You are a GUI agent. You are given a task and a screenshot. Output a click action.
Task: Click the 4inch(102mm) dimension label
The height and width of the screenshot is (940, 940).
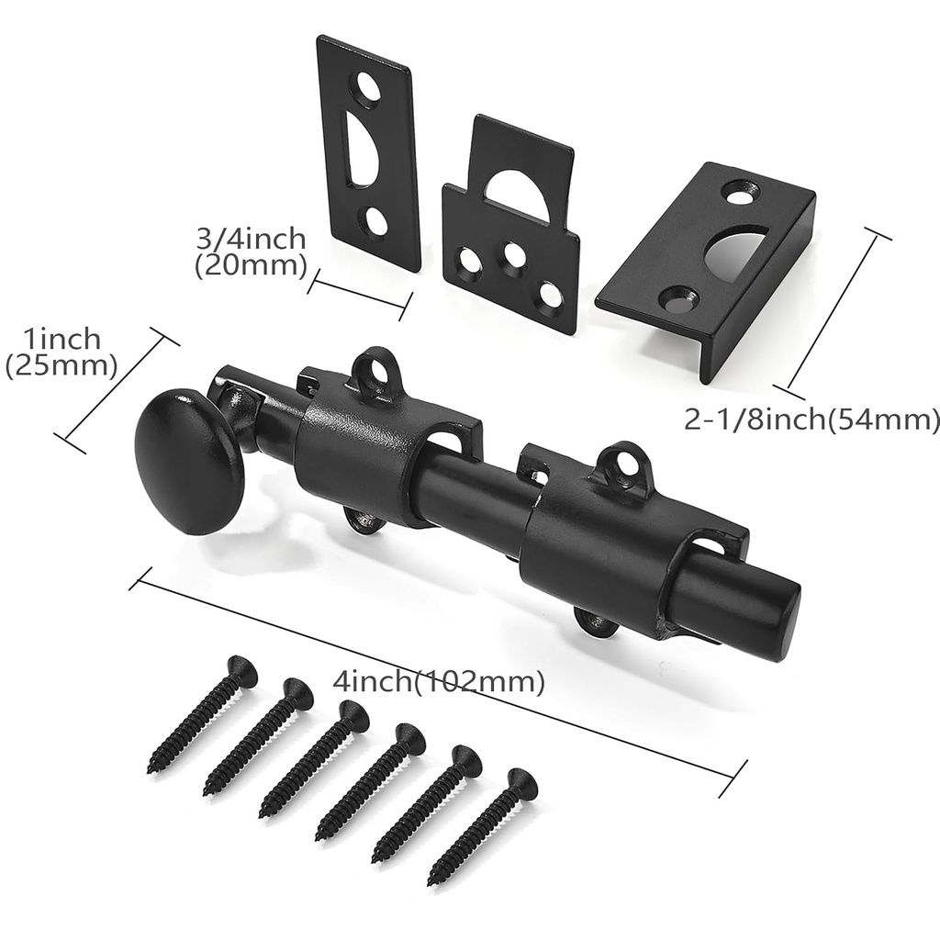coord(439,682)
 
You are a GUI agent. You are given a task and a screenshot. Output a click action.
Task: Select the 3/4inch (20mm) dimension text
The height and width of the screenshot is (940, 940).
coord(251,252)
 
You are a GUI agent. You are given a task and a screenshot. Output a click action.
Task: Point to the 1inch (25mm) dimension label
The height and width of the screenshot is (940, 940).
coord(61,352)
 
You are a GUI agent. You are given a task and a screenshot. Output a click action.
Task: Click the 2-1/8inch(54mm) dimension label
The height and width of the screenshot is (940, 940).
coord(811,420)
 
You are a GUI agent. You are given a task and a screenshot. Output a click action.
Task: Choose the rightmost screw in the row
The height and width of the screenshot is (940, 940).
coord(482,826)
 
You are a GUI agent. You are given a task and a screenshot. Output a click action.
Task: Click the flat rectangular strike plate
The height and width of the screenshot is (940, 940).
coord(368,151)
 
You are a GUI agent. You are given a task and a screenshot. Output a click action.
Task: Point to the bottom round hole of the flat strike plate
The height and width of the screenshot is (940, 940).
coord(376,220)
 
